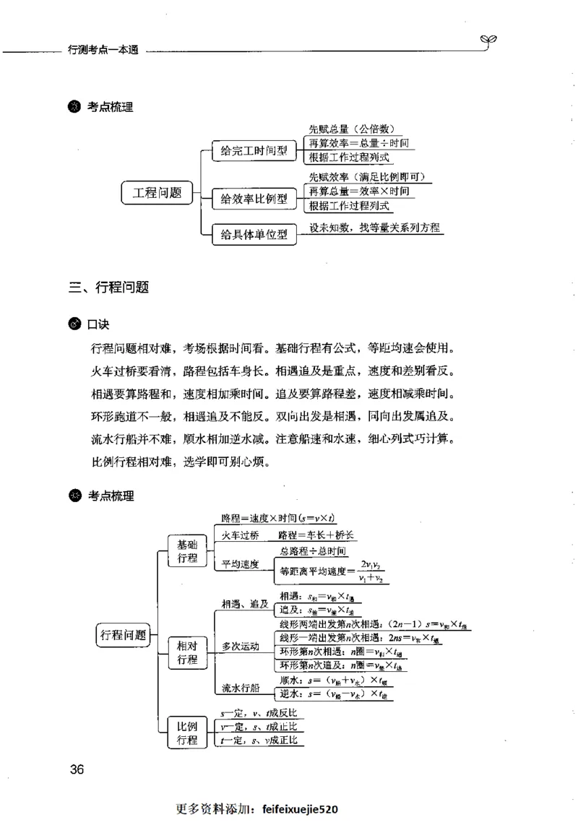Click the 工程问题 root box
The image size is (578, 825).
(x=158, y=193)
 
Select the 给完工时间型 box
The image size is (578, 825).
(x=254, y=151)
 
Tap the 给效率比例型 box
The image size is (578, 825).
(x=254, y=198)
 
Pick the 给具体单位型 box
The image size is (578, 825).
(x=254, y=234)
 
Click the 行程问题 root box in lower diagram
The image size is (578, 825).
(x=122, y=635)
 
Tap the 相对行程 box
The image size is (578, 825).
(x=187, y=652)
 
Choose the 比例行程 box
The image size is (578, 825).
(x=187, y=733)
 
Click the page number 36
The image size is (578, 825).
(x=77, y=769)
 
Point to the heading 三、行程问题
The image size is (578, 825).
(x=109, y=287)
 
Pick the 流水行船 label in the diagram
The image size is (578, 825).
(x=241, y=687)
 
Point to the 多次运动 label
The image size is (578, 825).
(x=241, y=646)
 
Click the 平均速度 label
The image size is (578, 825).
(x=241, y=564)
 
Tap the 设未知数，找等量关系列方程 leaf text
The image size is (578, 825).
(x=374, y=228)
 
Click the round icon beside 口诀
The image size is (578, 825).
(x=75, y=324)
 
